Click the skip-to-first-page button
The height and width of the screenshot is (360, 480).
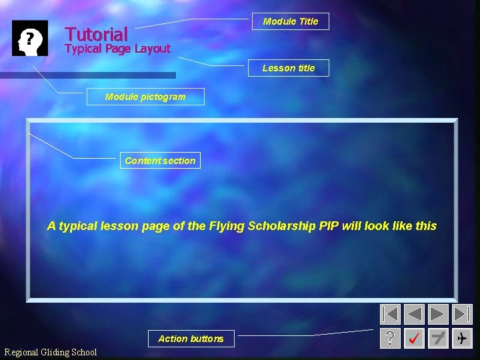click(391, 314)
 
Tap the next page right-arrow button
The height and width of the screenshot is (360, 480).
click(438, 314)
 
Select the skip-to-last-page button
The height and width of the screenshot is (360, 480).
click(462, 314)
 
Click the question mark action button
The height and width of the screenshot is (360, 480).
click(391, 339)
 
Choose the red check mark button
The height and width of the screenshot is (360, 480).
click(414, 339)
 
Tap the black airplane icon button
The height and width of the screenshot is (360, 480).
click(462, 339)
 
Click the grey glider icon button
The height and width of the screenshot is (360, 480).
click(438, 339)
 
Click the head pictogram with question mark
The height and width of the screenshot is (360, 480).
click(30, 38)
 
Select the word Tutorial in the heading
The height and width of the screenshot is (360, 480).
click(96, 34)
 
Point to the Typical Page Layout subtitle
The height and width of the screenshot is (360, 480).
click(117, 49)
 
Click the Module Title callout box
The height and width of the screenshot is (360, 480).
click(291, 21)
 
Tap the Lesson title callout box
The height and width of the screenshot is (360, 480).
click(289, 68)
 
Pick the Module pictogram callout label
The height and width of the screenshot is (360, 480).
click(145, 97)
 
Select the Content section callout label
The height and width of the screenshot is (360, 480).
click(160, 161)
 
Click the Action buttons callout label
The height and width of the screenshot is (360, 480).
click(191, 339)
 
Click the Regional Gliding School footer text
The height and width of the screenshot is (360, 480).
click(51, 352)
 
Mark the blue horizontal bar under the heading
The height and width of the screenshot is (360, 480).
click(88, 75)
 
